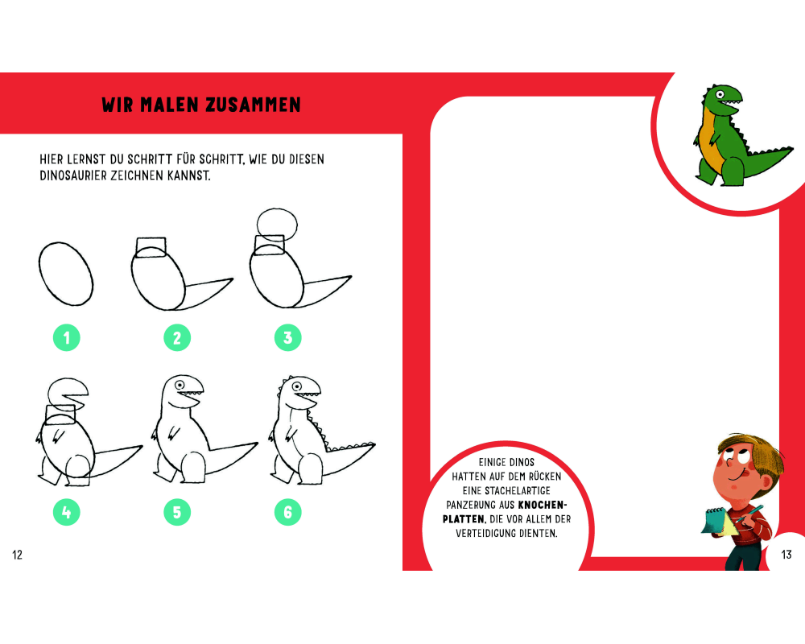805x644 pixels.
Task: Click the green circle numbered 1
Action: pyautogui.click(x=67, y=338)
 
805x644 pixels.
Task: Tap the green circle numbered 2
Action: pyautogui.click(x=177, y=338)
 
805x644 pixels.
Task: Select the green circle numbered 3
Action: pyautogui.click(x=288, y=338)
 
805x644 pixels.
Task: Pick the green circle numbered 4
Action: pyautogui.click(x=67, y=512)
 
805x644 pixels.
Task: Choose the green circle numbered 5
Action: pyautogui.click(x=177, y=512)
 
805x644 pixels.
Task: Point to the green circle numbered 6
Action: pyautogui.click(x=288, y=512)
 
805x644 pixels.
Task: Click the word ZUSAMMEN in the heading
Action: pyautogui.click(x=253, y=105)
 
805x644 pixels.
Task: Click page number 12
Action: pyautogui.click(x=18, y=555)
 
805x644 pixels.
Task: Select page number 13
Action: pyautogui.click(x=786, y=555)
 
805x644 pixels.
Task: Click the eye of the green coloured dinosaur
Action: pyautogui.click(x=720, y=94)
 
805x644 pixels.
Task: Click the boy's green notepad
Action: pyautogui.click(x=717, y=521)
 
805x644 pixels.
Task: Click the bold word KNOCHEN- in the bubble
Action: pyautogui.click(x=543, y=505)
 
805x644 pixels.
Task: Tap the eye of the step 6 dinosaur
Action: pyautogui.click(x=297, y=386)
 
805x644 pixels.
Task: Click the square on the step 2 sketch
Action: pyautogui.click(x=151, y=247)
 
